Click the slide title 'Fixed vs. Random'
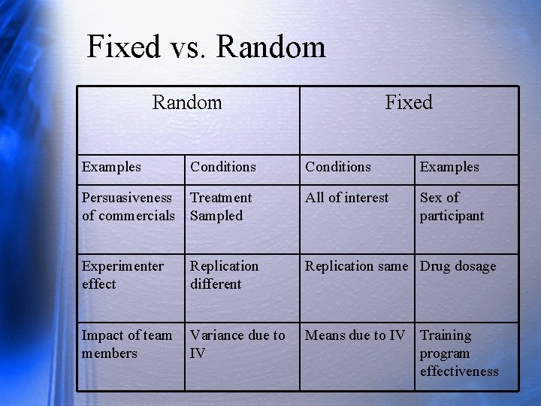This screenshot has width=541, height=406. (206, 47)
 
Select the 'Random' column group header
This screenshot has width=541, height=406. (187, 102)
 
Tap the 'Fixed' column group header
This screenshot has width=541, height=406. (409, 102)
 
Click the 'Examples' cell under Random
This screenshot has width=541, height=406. (111, 167)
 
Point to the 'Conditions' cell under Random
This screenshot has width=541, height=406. (223, 167)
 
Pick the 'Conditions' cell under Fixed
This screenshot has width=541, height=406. (338, 167)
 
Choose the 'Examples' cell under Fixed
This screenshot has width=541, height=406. (449, 167)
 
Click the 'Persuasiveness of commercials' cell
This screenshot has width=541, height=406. (128, 207)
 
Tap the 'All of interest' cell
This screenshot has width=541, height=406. (347, 198)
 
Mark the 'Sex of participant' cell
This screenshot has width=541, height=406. (452, 207)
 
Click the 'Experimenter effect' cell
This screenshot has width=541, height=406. (122, 275)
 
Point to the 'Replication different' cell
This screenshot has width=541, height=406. (224, 275)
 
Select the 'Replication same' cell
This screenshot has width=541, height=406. (356, 266)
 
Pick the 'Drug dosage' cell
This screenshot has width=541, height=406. (458, 266)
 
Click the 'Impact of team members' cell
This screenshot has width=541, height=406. (127, 344)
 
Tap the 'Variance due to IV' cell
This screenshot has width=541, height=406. (237, 344)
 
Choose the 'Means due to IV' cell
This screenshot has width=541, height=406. (355, 335)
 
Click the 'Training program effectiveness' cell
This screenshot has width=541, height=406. (459, 353)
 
